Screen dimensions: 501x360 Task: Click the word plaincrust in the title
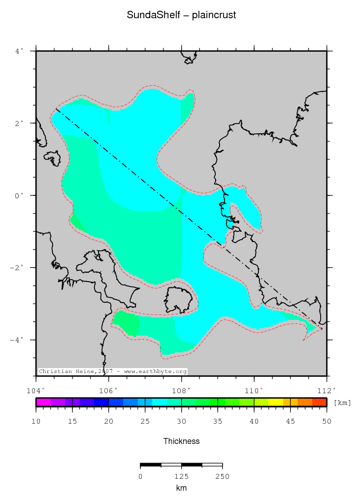click(x=215, y=15)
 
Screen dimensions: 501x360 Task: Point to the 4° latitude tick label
click(x=19, y=51)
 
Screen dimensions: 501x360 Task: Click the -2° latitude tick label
click(x=17, y=268)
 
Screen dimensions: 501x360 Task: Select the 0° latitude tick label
click(x=19, y=195)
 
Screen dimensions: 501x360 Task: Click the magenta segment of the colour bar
click(x=43, y=402)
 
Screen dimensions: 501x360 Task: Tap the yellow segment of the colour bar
click(x=276, y=402)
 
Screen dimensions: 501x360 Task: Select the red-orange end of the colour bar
click(x=320, y=402)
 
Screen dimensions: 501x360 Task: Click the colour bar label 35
click(x=218, y=422)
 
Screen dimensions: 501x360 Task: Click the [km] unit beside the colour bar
click(x=342, y=403)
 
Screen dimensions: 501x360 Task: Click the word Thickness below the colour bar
click(x=181, y=441)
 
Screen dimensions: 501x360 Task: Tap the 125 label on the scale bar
click(x=181, y=476)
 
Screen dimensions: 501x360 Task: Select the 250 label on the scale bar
click(x=222, y=476)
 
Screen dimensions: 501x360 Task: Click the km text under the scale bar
click(x=181, y=488)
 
